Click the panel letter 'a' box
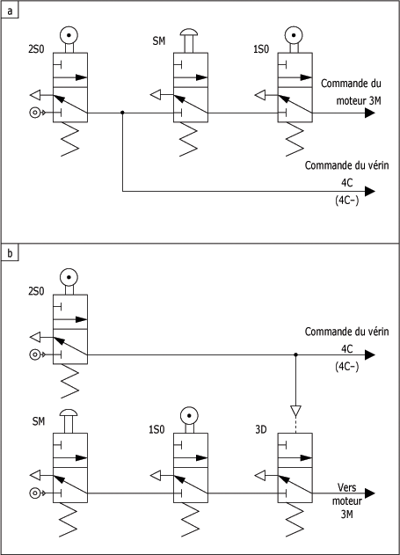[10, 11]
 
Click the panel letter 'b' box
[10, 253]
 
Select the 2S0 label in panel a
[36, 49]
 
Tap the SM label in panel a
[159, 41]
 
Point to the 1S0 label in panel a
[261, 49]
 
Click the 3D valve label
[260, 429]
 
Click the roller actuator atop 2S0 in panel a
[69, 35]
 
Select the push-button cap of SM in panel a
[189, 33]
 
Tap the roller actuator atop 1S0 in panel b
[189, 415]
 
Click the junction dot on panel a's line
[122, 113]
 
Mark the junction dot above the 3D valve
[295, 354]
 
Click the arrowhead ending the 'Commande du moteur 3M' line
[369, 113]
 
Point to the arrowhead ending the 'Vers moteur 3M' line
[369, 493]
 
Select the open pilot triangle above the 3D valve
[295, 411]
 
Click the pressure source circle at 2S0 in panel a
[34, 113]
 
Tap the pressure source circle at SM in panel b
[34, 493]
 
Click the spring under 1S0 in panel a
[295, 140]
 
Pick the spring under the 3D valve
[295, 520]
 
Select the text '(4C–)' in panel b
[346, 367]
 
